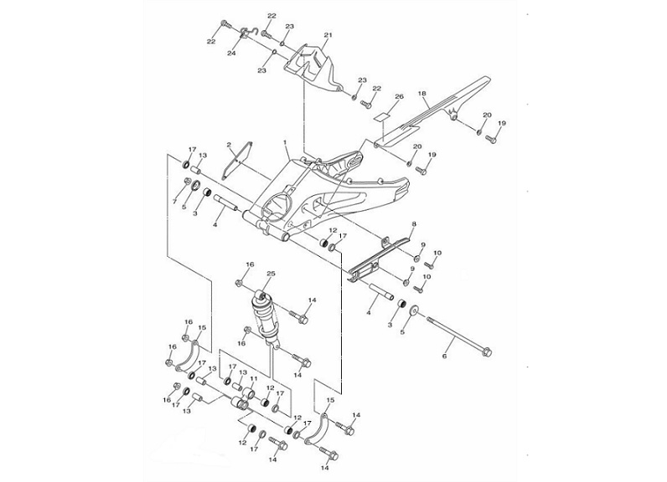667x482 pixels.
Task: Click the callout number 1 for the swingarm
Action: tap(285, 143)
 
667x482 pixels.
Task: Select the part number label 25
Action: tap(271, 274)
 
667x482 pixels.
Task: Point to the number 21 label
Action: tap(328, 35)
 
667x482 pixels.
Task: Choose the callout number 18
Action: tap(423, 94)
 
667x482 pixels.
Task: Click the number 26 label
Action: tap(399, 97)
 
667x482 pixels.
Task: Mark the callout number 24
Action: tap(232, 54)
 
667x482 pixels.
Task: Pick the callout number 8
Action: tap(413, 225)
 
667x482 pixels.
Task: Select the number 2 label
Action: tap(228, 145)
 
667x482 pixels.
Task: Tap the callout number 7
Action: tap(175, 202)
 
